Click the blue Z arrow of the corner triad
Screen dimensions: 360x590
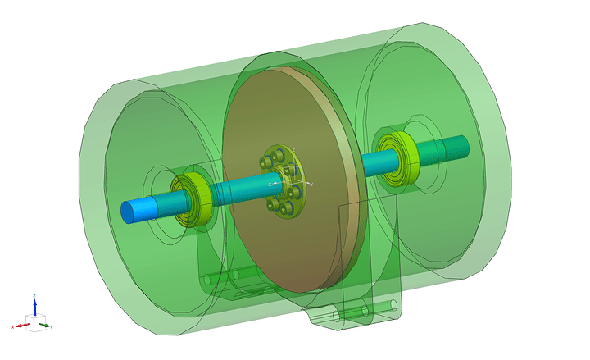(34, 306)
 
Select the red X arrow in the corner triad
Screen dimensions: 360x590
(24, 325)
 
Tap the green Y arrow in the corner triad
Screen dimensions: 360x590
(44, 325)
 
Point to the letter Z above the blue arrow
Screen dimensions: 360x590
(34, 294)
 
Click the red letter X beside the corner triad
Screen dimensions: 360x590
(14, 327)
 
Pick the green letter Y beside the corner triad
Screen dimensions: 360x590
(52, 327)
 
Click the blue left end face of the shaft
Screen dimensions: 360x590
(128, 212)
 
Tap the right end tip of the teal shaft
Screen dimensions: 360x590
(465, 144)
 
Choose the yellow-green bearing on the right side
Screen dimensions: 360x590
(397, 157)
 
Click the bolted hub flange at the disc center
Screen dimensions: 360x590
(283, 181)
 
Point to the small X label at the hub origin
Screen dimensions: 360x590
(269, 185)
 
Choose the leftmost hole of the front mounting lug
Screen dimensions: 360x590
(335, 315)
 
